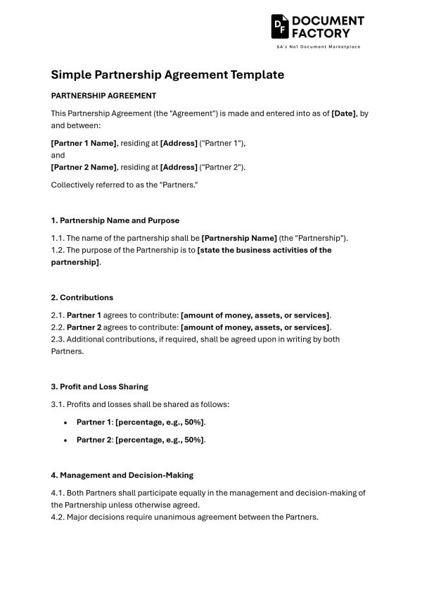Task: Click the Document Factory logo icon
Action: click(x=280, y=26)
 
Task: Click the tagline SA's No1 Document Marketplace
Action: click(x=318, y=46)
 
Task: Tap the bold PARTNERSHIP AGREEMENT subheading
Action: click(x=103, y=96)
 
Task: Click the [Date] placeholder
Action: click(x=344, y=113)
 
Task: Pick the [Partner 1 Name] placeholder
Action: click(x=84, y=144)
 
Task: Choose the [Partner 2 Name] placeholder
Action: click(x=84, y=168)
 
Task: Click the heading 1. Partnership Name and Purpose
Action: click(x=115, y=220)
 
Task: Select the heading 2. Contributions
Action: click(x=82, y=297)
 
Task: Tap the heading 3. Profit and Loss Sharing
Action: click(x=100, y=387)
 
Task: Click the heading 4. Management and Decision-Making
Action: click(x=122, y=475)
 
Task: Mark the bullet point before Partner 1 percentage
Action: click(x=65, y=422)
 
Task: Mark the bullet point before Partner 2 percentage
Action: click(x=65, y=440)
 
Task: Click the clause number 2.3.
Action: click(x=58, y=339)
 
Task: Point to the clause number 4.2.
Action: click(x=58, y=517)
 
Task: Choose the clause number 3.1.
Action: click(x=58, y=404)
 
